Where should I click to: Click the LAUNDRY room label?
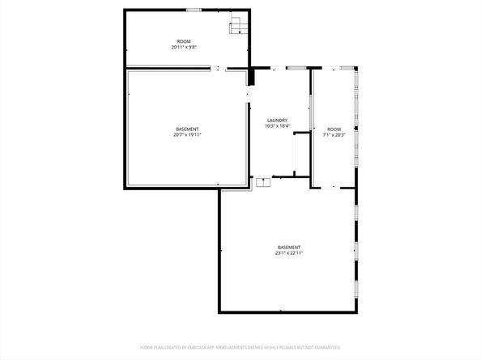coord(277,121)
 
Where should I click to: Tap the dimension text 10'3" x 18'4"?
coord(277,126)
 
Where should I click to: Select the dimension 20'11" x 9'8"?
coord(184,47)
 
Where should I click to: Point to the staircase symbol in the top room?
coord(238,26)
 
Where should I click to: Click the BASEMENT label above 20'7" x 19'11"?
coord(187,129)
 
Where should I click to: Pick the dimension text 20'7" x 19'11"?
coord(187,135)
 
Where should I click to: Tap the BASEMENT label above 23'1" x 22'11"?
coord(289,248)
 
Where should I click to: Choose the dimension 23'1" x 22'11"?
coord(289,253)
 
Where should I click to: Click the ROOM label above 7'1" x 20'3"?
coord(334,129)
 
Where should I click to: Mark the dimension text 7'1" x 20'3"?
coord(334,135)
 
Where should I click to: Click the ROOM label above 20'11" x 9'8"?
coord(184,41)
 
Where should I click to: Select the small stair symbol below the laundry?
coord(263,182)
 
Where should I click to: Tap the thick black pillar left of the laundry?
coord(251,75)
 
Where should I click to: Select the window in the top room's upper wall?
coord(194,10)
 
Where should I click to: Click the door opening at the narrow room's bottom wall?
coord(334,188)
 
